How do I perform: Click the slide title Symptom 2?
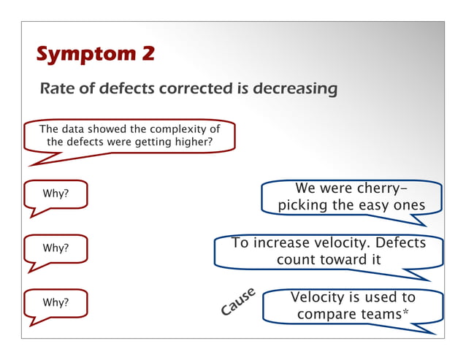[94, 55]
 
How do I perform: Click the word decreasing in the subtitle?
[296, 89]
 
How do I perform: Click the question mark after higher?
[210, 142]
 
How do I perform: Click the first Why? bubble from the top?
[56, 194]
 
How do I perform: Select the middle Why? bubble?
[56, 248]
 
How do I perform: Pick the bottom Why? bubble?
[56, 302]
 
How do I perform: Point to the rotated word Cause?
[238, 302]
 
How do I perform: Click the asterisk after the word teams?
[405, 313]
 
